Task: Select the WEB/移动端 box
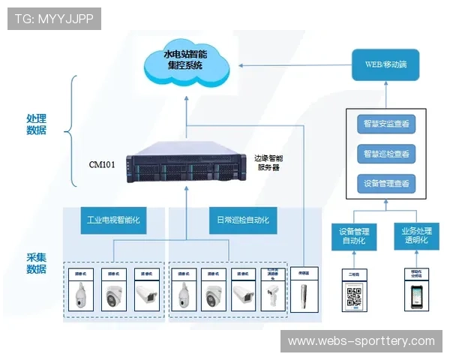385,64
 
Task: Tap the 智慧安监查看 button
385,124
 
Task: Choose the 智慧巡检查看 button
385,154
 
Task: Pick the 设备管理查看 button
385,184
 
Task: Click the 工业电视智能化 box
113,220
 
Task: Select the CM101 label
102,163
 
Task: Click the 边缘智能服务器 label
268,163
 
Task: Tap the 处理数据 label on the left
36,124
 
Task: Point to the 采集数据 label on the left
36,262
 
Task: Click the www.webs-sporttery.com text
361,341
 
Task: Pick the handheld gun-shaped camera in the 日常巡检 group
272,295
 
